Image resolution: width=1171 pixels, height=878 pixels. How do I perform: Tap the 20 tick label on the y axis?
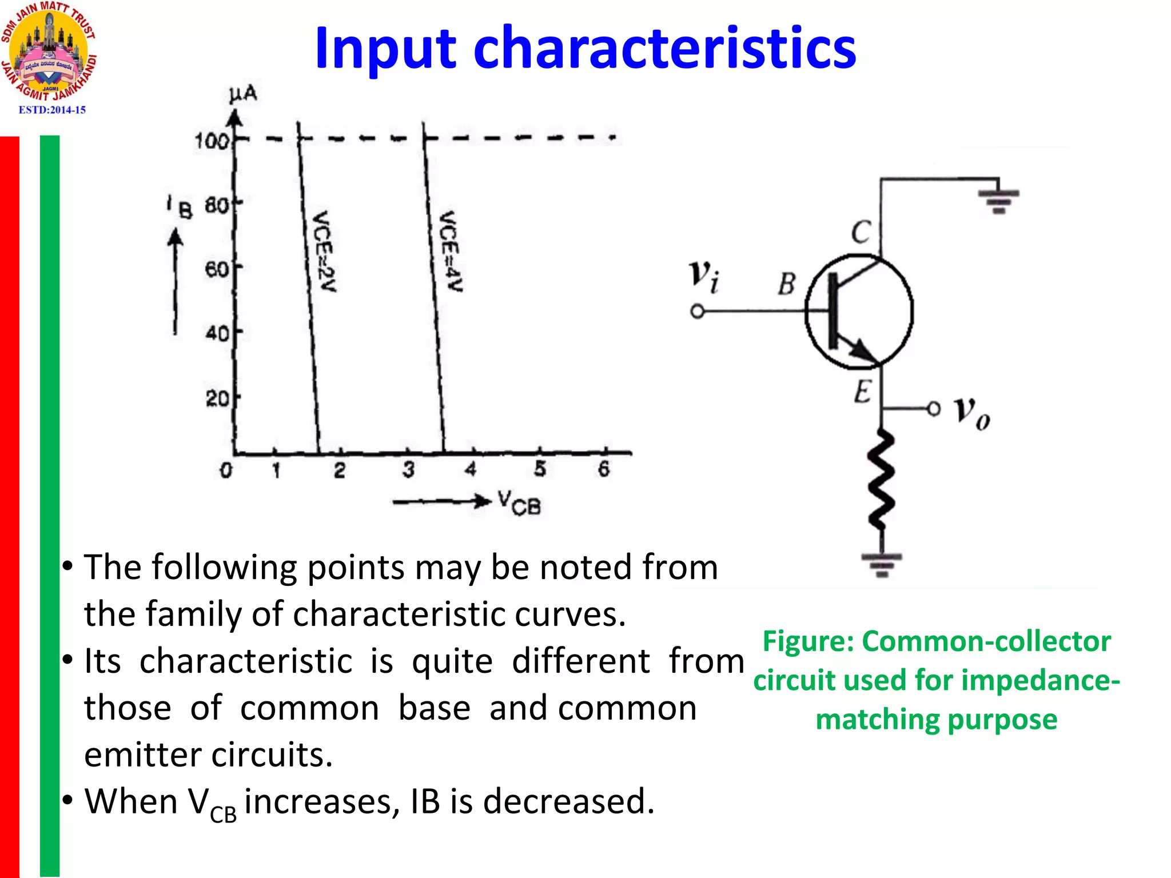(217, 398)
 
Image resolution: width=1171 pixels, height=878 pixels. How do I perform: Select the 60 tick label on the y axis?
(217, 268)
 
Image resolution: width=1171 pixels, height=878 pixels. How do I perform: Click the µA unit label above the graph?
(243, 95)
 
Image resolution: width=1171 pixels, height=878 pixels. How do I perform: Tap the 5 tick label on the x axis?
(540, 469)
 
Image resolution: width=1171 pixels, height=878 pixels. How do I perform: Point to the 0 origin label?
(226, 470)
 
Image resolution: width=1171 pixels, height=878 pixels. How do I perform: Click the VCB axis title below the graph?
(519, 502)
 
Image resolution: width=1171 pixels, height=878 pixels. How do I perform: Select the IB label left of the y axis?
(180, 207)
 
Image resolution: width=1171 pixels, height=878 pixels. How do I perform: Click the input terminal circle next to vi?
(697, 312)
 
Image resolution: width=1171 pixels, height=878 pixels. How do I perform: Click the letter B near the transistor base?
(787, 284)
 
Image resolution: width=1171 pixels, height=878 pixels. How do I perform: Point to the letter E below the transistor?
(863, 392)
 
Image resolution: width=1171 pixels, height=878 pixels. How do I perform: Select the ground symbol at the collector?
(998, 200)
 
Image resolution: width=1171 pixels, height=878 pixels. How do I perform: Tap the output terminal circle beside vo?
(933, 409)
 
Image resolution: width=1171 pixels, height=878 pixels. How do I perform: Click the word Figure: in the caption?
(808, 641)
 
